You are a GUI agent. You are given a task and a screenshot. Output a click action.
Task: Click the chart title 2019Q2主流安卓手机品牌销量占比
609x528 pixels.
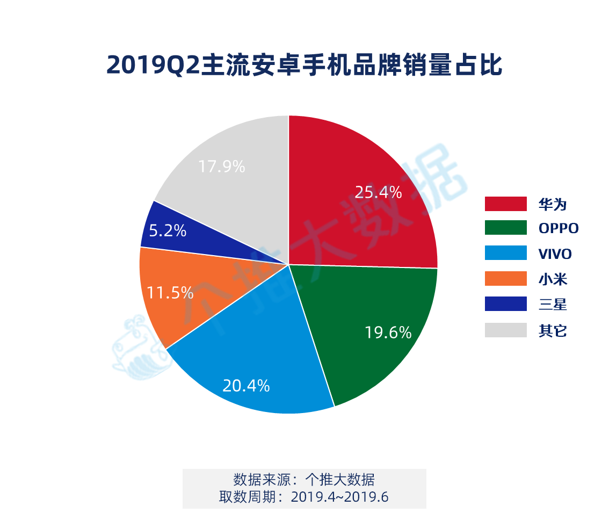tap(304, 65)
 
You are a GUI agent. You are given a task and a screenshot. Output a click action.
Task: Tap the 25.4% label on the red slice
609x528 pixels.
tap(378, 192)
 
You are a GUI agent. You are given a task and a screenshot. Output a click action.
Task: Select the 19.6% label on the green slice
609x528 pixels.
tap(388, 333)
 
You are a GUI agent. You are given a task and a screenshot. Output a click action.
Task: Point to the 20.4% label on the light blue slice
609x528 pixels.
tap(246, 386)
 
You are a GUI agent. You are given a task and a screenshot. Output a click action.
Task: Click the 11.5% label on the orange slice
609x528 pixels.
tap(170, 293)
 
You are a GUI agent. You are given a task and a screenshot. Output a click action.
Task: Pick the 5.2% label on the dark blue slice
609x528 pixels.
tap(167, 231)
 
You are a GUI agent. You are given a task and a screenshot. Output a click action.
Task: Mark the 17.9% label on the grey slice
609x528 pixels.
tap(221, 167)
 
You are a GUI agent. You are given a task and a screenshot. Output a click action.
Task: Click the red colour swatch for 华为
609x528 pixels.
tap(505, 204)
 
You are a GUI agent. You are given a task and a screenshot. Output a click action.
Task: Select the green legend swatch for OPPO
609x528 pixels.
tap(505, 228)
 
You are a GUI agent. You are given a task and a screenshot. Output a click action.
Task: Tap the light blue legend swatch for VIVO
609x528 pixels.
tap(505, 253)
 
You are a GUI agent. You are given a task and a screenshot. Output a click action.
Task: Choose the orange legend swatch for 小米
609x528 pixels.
tap(505, 279)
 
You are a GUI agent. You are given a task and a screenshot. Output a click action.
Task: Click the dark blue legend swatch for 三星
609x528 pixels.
tap(505, 304)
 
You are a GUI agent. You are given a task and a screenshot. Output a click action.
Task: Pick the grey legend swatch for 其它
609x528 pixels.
tap(505, 330)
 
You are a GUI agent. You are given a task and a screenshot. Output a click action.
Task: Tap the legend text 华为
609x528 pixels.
tap(553, 204)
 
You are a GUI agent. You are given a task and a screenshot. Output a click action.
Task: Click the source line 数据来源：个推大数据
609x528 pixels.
tap(304, 479)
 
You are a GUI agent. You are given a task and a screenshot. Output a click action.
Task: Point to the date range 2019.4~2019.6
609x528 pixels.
tap(339, 497)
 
